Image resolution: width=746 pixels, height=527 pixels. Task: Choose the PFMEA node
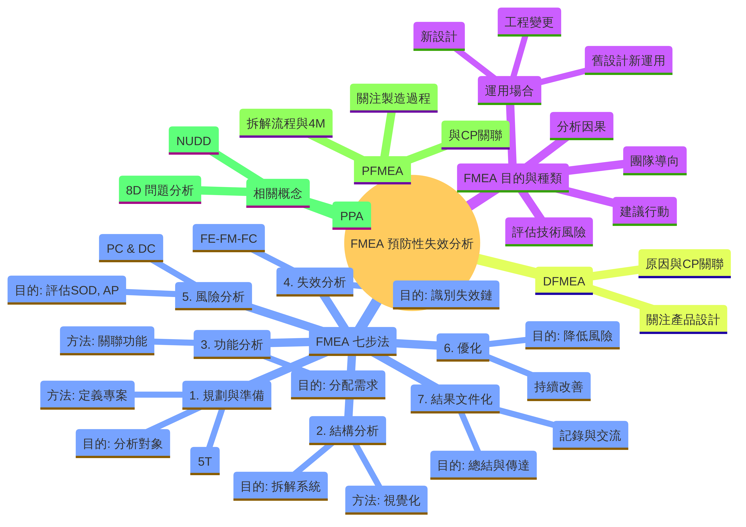pyautogui.click(x=382, y=170)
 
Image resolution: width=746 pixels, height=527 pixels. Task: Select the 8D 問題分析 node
pyautogui.click(x=160, y=190)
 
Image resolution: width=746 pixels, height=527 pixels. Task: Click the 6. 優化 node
pyautogui.click(x=463, y=347)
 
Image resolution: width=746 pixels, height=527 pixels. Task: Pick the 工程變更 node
pyautogui.click(x=529, y=22)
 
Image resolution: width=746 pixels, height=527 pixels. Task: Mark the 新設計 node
pyautogui.click(x=439, y=36)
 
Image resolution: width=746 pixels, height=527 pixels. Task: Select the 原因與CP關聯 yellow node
pyautogui.click(x=684, y=263)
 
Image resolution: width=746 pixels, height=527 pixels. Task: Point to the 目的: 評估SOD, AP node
pyautogui.click(x=67, y=290)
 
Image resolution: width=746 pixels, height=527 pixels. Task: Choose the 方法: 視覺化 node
pyautogui.click(x=386, y=500)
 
